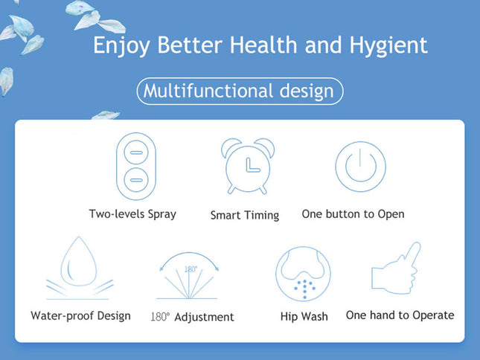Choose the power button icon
(360, 166)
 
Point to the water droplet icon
(79, 268)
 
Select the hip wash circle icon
(303, 274)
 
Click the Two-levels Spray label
(132, 214)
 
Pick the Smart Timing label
(244, 215)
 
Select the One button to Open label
(353, 214)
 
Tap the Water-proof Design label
(80, 315)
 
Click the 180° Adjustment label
(192, 317)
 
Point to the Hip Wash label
(304, 316)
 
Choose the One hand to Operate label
(400, 315)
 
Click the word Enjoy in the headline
(121, 45)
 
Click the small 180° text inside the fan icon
(191, 269)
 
